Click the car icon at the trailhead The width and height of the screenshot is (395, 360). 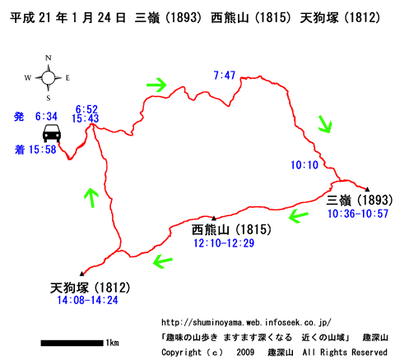[52, 133]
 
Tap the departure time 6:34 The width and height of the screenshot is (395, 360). [46, 117]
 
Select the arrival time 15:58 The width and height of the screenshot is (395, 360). [42, 150]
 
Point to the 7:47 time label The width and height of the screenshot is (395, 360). [225, 75]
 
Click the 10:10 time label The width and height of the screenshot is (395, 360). [304, 165]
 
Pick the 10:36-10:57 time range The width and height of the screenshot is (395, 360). [358, 214]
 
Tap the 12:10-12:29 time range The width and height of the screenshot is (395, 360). [224, 243]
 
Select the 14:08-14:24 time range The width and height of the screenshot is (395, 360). [87, 300]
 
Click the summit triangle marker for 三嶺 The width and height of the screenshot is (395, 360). [367, 189]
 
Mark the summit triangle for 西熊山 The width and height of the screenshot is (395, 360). [214, 219]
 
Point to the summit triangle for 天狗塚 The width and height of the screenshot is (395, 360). [81, 274]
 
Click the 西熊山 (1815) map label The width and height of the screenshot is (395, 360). [231, 229]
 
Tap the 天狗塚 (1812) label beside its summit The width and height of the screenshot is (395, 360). [90, 288]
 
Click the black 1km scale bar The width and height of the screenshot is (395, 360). [72, 343]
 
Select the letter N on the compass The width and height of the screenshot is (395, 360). [49, 58]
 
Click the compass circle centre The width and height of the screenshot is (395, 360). [49, 78]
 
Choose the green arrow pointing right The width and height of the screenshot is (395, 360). [156, 85]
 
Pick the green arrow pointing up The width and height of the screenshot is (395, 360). [91, 197]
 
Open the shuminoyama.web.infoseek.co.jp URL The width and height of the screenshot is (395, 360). [246, 322]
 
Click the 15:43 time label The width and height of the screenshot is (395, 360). [85, 118]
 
